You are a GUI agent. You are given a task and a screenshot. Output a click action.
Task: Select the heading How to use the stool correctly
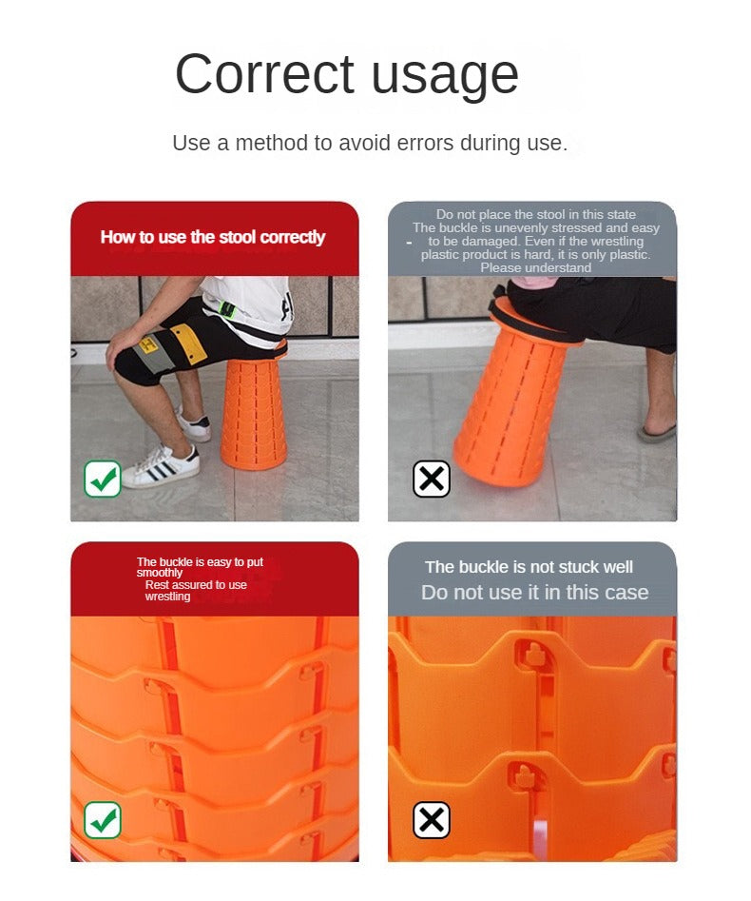coord(212,237)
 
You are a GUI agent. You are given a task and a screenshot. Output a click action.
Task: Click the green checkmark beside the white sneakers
coord(103,479)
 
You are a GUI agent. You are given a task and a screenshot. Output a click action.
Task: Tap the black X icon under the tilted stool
coord(432,479)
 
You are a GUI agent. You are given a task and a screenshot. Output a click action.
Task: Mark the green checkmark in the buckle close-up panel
coord(103,820)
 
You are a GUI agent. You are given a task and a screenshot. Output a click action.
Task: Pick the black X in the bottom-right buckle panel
coord(432,820)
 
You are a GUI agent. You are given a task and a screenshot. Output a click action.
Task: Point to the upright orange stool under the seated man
coord(254,411)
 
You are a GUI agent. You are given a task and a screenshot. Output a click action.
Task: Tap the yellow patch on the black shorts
coord(188,342)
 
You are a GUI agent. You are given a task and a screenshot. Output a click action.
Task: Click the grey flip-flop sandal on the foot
coord(657,432)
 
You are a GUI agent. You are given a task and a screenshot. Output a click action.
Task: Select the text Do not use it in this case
coord(534,593)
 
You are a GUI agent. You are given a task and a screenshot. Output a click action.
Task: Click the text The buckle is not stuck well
coord(529,567)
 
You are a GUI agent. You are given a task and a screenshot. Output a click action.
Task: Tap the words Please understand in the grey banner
coord(536,267)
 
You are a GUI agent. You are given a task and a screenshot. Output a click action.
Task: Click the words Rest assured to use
coord(196,585)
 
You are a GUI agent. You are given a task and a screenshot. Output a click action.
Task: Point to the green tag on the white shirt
coord(228,310)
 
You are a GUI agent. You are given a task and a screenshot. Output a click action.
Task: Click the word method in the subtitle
coord(272,143)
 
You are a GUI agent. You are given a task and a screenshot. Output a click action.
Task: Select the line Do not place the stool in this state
coord(536,214)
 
